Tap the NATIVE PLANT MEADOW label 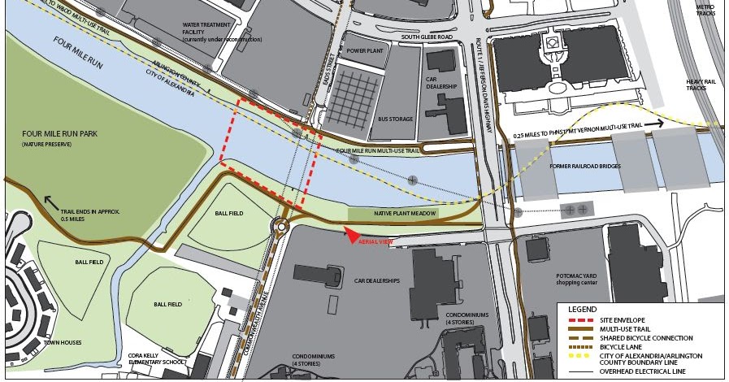coord(405,213)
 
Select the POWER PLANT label coord(364,50)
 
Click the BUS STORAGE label coord(395,119)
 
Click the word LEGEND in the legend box coord(583,309)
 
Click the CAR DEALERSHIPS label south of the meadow coord(377,280)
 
